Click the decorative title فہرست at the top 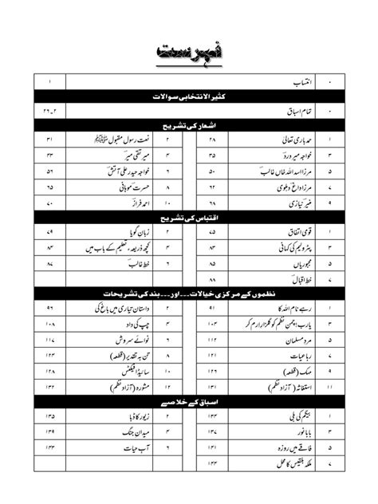point(189,51)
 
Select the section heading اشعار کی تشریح point(190,125)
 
